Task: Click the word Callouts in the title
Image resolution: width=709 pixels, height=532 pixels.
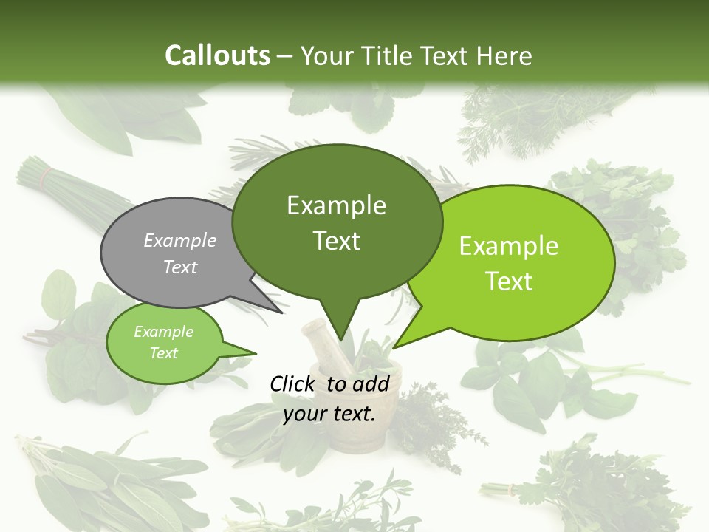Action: (217, 55)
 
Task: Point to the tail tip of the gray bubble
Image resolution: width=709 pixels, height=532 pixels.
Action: (282, 313)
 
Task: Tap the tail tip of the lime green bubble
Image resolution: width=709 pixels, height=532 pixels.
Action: (394, 347)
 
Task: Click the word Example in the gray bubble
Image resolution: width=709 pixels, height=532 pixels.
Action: (180, 240)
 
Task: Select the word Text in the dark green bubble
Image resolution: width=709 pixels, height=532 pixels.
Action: (337, 241)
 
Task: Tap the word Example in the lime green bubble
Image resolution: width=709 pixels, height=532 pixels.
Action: (509, 246)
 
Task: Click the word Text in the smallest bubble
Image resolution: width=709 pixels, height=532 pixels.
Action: (164, 353)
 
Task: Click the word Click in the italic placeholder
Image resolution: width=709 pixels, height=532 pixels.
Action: (294, 383)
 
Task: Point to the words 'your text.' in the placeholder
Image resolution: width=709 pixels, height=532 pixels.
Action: (329, 414)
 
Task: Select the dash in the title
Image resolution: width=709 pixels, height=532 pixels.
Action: (286, 55)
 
